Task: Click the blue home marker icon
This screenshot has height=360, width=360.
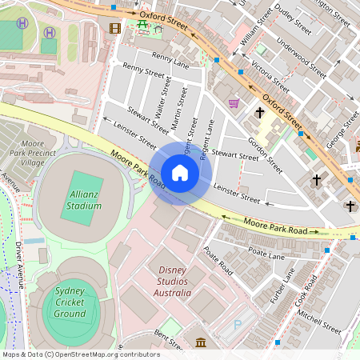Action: [x=180, y=172]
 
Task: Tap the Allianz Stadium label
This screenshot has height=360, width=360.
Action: [x=84, y=200]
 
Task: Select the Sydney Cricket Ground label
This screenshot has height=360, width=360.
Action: [x=70, y=302]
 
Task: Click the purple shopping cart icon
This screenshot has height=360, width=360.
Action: [x=234, y=102]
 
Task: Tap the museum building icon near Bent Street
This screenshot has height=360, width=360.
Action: [x=199, y=343]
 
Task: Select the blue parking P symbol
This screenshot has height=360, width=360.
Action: [x=237, y=326]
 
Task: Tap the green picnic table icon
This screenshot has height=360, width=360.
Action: [x=143, y=25]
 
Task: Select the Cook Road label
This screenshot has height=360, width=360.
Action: [x=307, y=289]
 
